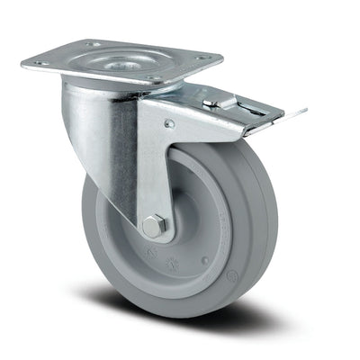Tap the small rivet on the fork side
[168, 124]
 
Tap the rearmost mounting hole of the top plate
[92, 42]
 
